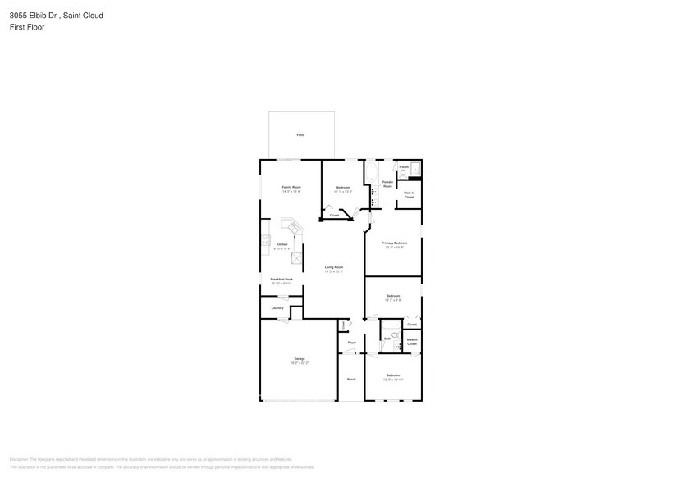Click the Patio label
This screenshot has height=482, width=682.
[x=300, y=134]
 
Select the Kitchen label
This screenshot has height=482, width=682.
[x=281, y=244]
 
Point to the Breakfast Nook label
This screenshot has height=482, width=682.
[x=281, y=280]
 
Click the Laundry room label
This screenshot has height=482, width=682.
[x=277, y=308]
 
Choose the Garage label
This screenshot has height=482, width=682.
[x=300, y=359]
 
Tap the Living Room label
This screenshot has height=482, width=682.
[x=333, y=267]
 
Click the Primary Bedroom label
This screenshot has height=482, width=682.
[x=394, y=243]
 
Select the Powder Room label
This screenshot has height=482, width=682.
[x=387, y=184]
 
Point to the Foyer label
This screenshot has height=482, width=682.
[x=351, y=343]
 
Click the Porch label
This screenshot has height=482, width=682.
[x=351, y=379]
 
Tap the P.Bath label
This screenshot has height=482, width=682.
[x=404, y=166]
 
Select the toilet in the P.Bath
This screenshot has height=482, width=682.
[x=403, y=174]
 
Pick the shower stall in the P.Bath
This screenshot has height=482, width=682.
[x=415, y=169]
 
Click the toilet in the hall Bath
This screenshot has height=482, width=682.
[x=396, y=335]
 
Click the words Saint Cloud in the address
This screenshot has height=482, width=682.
[x=86, y=15]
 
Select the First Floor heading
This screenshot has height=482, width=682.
[x=28, y=27]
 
